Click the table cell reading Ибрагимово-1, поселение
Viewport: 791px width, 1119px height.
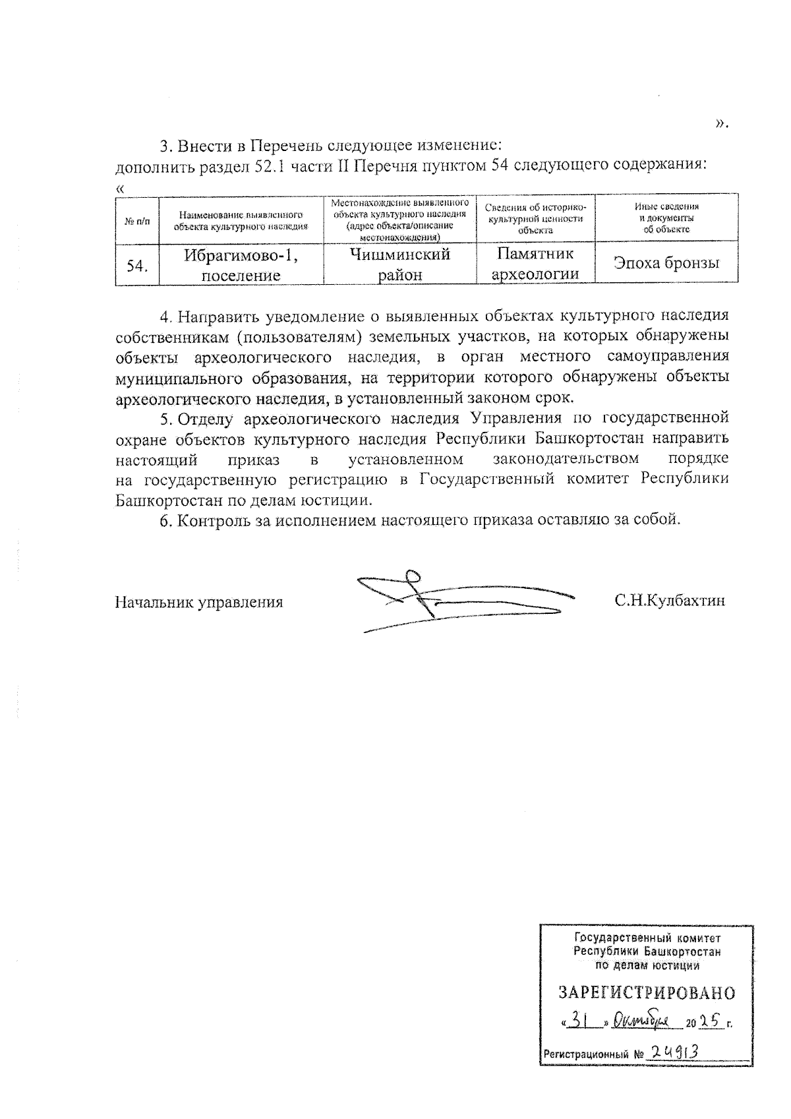click(241, 264)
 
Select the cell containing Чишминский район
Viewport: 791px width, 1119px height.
click(399, 264)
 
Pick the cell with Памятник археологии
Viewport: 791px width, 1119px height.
click(535, 264)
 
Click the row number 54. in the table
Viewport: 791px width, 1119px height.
click(137, 265)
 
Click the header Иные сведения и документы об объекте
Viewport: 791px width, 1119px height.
click(666, 218)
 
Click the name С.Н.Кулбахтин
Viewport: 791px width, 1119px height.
click(670, 601)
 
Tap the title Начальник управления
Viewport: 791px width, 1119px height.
click(199, 602)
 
